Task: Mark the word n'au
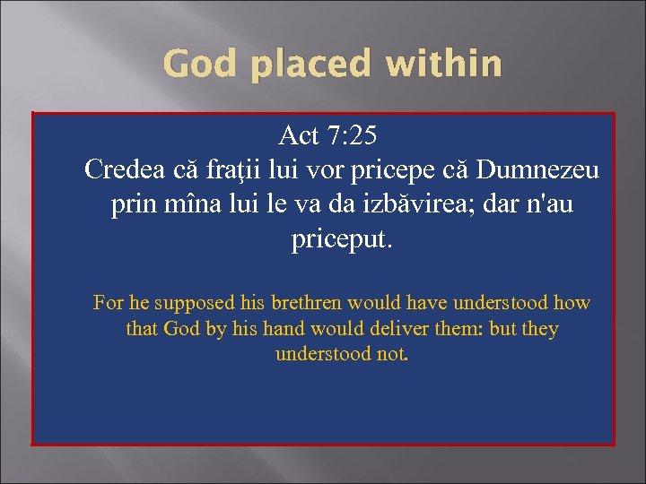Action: [547, 205]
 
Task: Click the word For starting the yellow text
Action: [109, 304]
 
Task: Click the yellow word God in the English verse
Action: [182, 329]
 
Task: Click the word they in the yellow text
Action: [540, 329]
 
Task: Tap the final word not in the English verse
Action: [392, 354]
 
